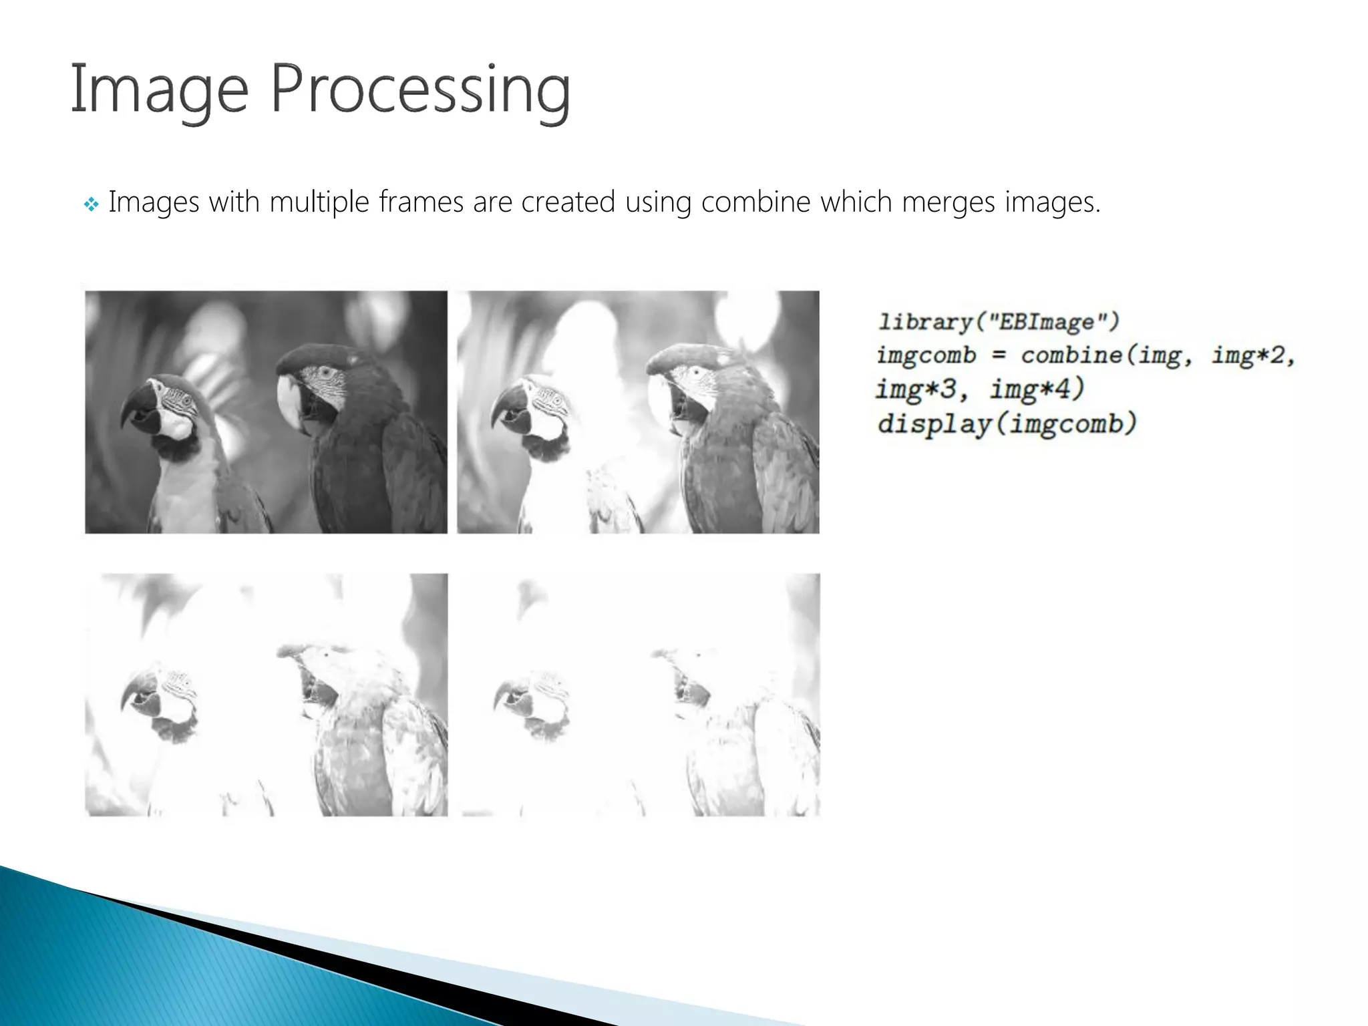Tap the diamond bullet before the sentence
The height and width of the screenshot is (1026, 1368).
tap(92, 204)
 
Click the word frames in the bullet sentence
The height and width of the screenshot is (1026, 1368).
tap(421, 202)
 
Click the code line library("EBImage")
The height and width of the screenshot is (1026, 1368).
tap(999, 322)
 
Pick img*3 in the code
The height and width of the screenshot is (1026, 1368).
tap(916, 389)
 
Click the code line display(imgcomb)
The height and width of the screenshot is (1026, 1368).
tap(1007, 423)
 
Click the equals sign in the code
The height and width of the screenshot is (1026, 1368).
tap(998, 355)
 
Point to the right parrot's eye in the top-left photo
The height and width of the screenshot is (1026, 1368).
tap(325, 371)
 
